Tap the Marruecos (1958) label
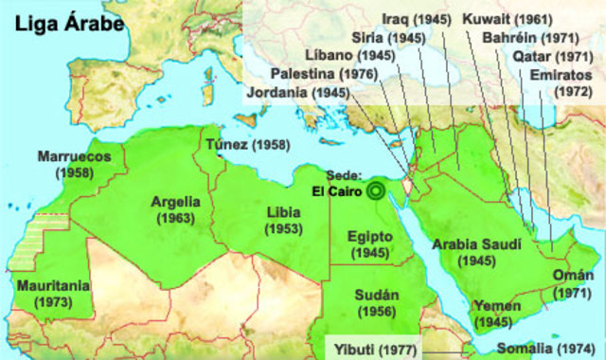pos(75,164)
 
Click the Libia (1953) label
pos(284,220)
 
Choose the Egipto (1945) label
pos(369,244)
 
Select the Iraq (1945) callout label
pos(417,18)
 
